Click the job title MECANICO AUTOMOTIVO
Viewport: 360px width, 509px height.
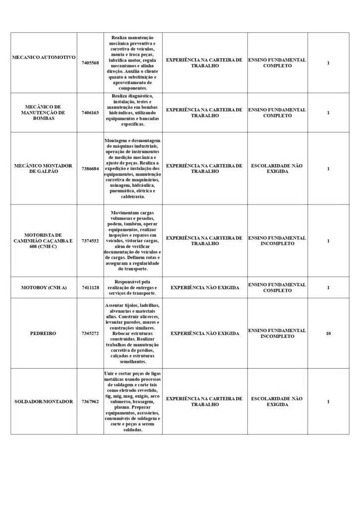click(x=44, y=58)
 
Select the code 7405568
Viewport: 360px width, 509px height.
click(x=90, y=63)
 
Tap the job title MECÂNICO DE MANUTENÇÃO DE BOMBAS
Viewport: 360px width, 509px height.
click(x=44, y=113)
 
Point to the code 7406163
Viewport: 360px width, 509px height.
click(x=90, y=113)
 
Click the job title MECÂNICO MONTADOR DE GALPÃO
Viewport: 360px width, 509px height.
click(x=44, y=169)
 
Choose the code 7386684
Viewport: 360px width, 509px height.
click(x=90, y=169)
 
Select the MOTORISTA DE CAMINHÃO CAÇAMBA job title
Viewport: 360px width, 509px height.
click(x=44, y=241)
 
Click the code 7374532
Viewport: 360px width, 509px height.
click(x=90, y=241)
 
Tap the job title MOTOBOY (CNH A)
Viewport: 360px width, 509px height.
click(x=44, y=288)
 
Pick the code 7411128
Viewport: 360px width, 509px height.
click(x=90, y=288)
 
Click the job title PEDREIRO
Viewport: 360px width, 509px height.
click(x=44, y=334)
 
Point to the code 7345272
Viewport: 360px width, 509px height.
click(x=90, y=334)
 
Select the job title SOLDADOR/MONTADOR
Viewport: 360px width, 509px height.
click(x=44, y=402)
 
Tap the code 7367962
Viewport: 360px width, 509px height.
click(x=90, y=402)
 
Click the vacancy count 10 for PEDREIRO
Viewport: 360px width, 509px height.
click(x=328, y=334)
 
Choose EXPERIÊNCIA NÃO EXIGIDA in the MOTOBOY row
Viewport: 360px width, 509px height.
click(x=205, y=288)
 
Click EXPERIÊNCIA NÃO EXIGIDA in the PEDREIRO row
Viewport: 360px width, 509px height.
click(x=205, y=334)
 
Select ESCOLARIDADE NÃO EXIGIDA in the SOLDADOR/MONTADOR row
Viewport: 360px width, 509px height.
click(x=277, y=402)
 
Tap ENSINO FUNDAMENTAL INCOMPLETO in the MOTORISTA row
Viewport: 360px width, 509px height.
click(x=277, y=241)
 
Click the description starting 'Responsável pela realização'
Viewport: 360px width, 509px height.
click(x=133, y=288)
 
